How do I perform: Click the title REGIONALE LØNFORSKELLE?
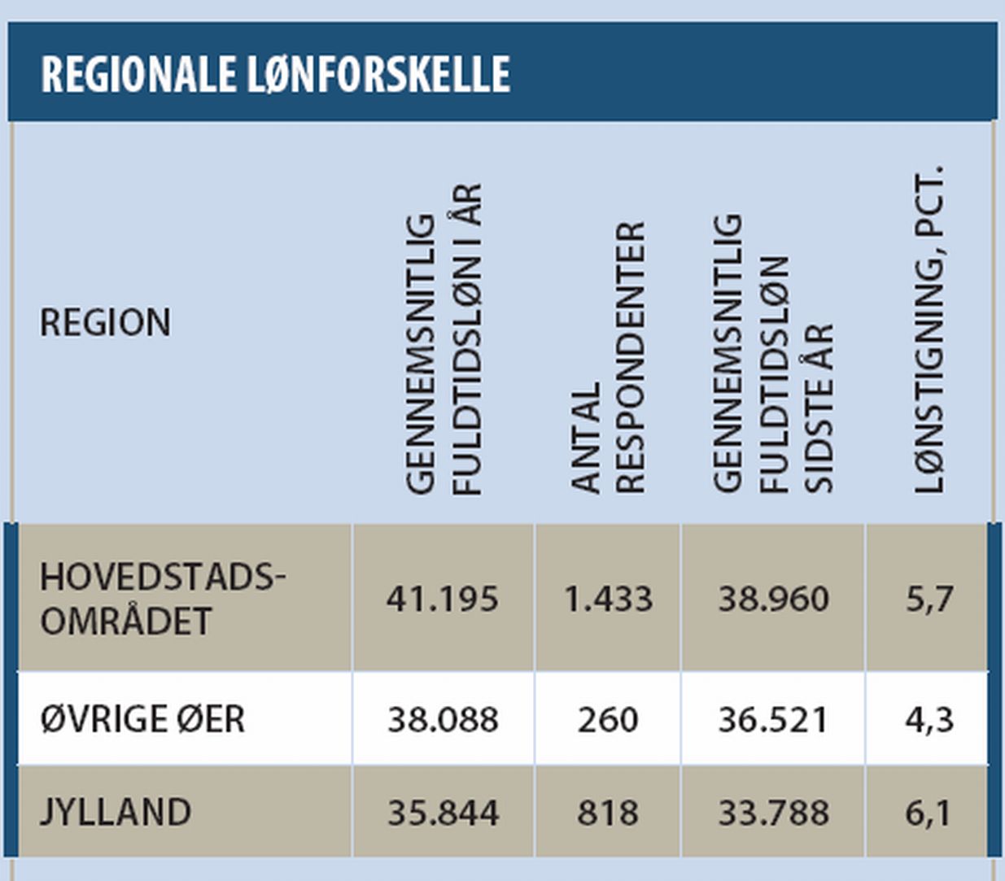[276, 74]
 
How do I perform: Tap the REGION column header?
[106, 323]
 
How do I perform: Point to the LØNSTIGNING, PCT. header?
[928, 329]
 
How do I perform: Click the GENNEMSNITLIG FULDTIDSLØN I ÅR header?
[444, 340]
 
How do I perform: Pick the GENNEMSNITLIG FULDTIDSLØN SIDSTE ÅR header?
[773, 354]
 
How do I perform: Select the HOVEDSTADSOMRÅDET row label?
[162, 599]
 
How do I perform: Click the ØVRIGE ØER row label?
[142, 719]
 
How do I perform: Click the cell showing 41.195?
[443, 600]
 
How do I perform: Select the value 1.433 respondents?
[608, 600]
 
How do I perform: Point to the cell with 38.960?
[773, 600]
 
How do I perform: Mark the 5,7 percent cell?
[929, 600]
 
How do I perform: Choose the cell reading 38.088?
[443, 720]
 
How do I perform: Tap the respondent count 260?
[608, 720]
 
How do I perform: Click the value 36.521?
[773, 720]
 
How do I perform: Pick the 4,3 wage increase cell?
[929, 720]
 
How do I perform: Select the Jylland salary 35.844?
[443, 813]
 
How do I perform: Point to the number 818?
[608, 813]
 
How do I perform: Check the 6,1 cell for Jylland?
[929, 813]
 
